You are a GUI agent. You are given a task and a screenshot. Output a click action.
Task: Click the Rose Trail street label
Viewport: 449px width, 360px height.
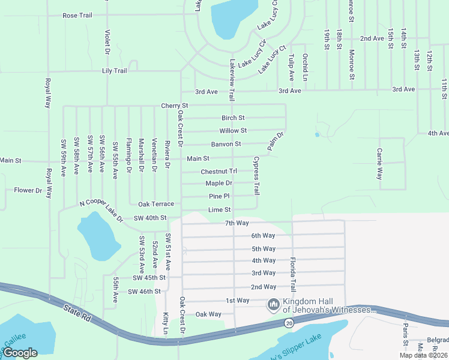(x=77, y=15)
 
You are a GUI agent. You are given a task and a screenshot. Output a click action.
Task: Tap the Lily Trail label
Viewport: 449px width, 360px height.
(x=115, y=71)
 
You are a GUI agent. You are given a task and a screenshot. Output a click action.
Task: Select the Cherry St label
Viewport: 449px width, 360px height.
(x=175, y=106)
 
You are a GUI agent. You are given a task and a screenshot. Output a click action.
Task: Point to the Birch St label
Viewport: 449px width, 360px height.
(x=233, y=118)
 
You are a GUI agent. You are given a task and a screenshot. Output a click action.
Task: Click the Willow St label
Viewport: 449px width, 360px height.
(x=233, y=130)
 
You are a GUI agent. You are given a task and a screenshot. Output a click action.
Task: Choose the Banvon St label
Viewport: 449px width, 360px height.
(x=226, y=144)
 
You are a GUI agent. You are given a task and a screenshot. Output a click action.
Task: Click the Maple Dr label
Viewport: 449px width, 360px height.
(x=218, y=183)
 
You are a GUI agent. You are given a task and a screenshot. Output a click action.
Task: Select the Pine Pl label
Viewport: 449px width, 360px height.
(x=219, y=196)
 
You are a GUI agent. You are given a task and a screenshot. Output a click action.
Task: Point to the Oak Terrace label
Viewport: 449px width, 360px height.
(x=156, y=205)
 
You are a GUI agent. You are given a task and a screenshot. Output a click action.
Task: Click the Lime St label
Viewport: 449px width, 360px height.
(x=219, y=209)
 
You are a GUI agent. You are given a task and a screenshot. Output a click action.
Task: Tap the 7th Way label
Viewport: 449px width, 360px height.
(x=237, y=223)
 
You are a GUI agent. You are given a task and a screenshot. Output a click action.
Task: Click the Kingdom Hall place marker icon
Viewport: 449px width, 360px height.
(x=274, y=305)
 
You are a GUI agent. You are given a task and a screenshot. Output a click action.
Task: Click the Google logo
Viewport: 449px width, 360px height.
(x=20, y=352)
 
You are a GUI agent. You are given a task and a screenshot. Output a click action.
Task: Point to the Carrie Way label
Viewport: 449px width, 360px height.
(x=379, y=164)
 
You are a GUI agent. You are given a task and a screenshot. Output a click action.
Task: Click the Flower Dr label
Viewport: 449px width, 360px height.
(x=28, y=191)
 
